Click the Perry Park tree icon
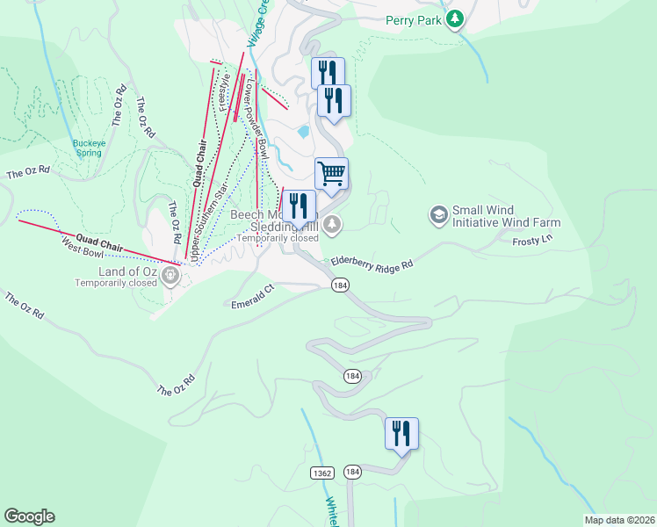point(454,19)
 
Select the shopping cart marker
point(331,173)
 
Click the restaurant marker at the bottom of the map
point(401,433)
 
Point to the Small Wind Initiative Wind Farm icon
point(437,214)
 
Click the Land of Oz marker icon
point(170,276)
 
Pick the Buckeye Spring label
point(87,147)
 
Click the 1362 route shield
point(321,473)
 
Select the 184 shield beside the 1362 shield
point(353,473)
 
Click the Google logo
point(29,516)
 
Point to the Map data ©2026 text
point(618,519)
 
